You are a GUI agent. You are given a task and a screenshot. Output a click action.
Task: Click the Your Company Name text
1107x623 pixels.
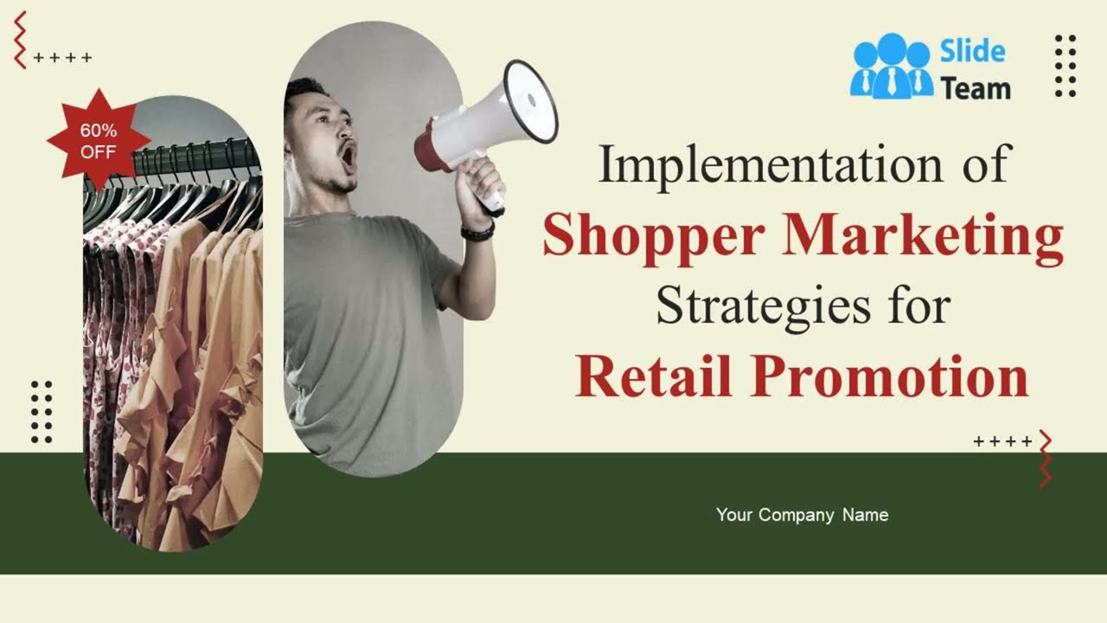(802, 515)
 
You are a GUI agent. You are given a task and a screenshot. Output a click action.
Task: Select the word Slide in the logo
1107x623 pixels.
(973, 51)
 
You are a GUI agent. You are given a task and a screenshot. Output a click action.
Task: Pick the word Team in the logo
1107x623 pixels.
(976, 87)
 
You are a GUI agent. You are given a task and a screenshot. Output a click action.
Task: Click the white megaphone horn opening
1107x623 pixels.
(530, 100)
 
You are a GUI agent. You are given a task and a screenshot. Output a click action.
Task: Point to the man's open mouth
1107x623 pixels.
(347, 156)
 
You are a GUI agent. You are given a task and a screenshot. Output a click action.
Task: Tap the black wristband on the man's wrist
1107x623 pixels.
(477, 232)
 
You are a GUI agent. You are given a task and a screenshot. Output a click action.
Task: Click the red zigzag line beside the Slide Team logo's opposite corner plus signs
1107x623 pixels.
(20, 40)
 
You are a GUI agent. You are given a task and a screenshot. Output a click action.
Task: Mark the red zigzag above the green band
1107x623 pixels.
(1046, 458)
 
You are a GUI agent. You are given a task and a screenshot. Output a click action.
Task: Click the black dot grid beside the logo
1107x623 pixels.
(1065, 66)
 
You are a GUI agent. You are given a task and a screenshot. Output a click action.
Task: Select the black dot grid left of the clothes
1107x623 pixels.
(42, 412)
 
